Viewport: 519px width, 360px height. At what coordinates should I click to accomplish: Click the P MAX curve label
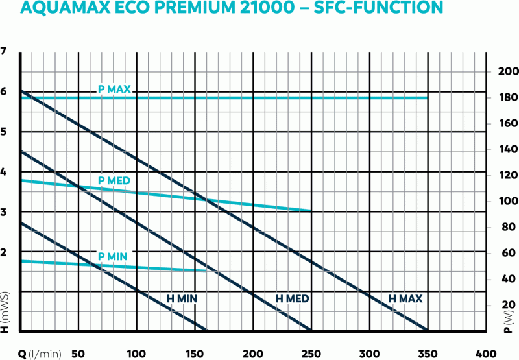point(115,89)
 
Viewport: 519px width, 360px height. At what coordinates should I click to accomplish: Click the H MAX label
point(405,299)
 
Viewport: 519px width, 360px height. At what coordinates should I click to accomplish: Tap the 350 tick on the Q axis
point(428,353)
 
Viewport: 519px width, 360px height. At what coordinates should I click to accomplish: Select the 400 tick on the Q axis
point(486,353)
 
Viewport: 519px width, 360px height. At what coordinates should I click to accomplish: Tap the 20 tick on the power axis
point(507,305)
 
